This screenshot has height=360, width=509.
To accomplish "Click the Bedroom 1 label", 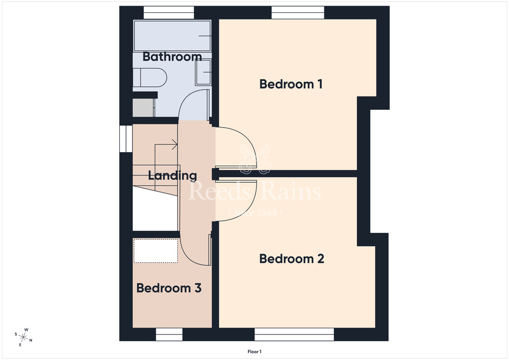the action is point(291,84).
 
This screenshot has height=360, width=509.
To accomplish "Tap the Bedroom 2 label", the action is point(292,259).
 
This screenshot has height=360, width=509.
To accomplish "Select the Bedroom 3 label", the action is point(169,288).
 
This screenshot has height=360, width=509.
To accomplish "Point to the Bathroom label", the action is point(172,56).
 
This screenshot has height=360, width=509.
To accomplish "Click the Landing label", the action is point(172,176).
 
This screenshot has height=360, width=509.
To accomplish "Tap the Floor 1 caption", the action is point(254,352).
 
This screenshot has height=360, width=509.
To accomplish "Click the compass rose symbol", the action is point(23,337).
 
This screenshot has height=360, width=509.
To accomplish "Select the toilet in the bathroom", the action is point(149,77).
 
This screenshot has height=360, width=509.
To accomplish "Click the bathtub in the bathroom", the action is point(172,36).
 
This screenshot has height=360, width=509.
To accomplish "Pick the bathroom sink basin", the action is point(203,72).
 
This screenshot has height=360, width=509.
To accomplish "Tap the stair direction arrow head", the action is point(174,144).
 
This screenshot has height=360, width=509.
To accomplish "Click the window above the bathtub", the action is point(169,13).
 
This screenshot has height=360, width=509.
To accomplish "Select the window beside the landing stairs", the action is point(126,139).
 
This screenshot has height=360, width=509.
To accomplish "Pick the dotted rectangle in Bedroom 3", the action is point(156,251).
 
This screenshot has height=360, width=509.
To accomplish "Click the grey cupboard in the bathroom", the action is point(143,108).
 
